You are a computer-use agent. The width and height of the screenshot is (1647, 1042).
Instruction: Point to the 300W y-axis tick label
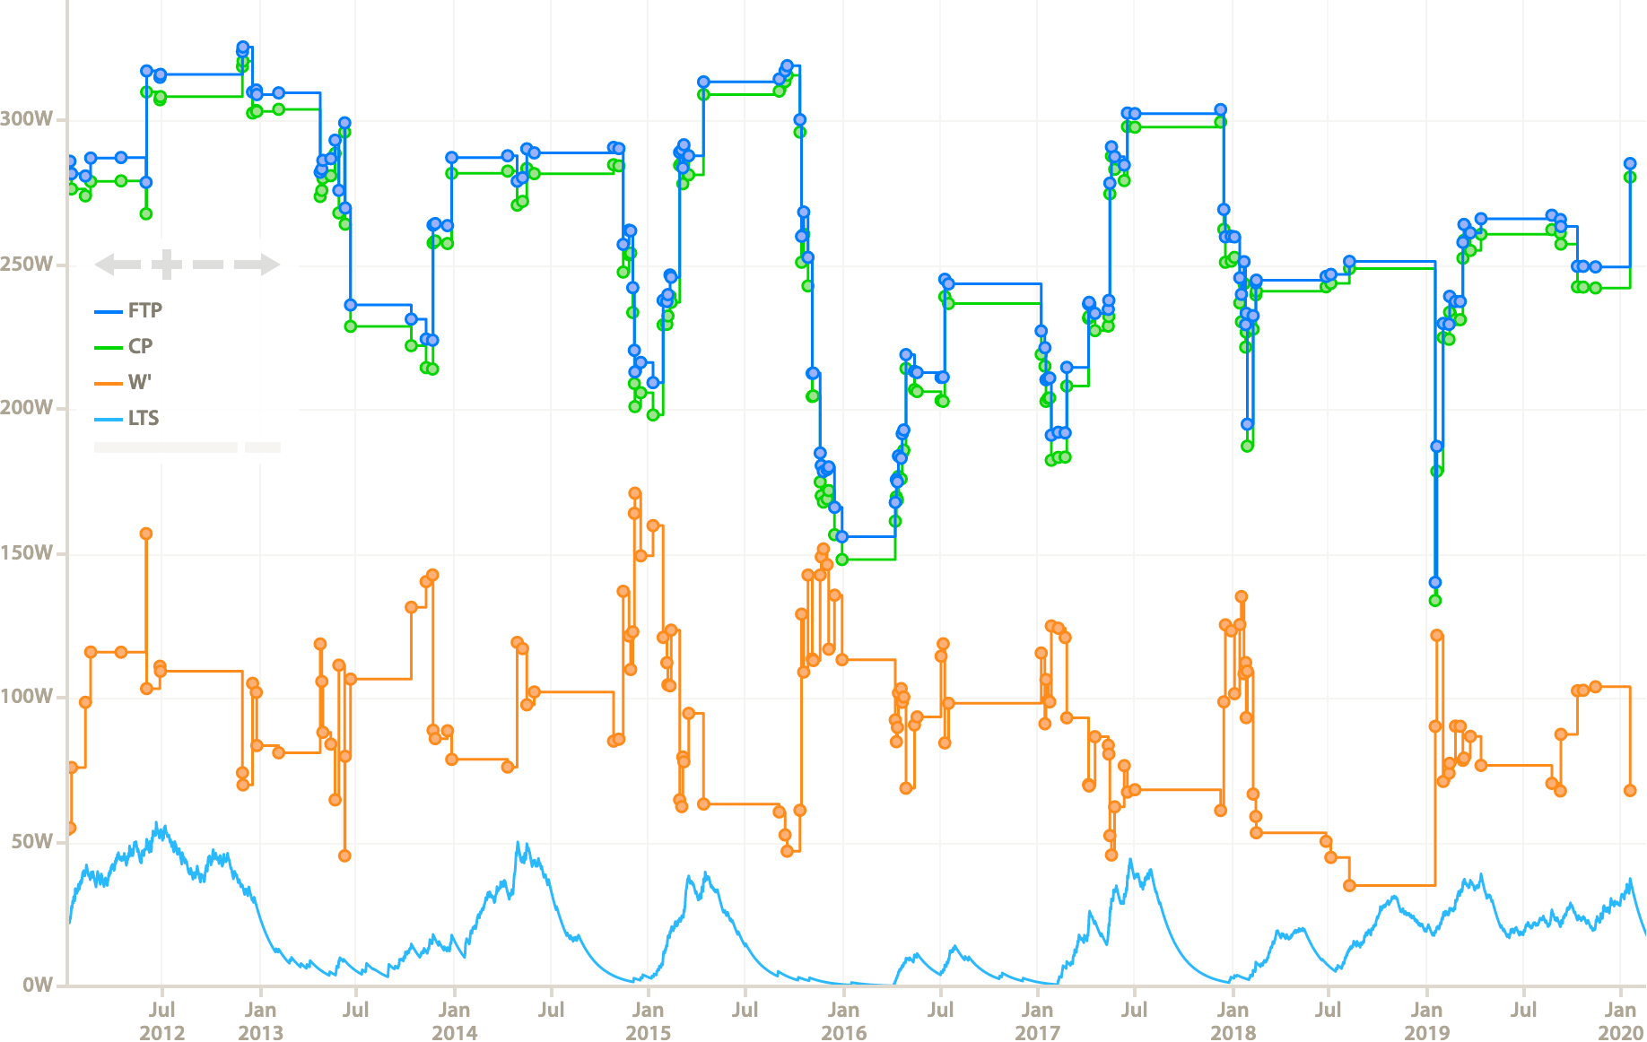(26, 119)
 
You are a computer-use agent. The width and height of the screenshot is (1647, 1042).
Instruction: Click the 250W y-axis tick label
(26, 265)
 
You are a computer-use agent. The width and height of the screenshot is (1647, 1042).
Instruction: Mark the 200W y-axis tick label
(26, 408)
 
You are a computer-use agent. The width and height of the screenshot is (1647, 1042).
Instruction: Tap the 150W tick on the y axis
(26, 553)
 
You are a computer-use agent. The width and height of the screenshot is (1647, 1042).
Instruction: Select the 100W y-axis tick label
(26, 697)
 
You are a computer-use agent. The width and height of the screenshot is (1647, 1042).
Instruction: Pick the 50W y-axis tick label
(30, 842)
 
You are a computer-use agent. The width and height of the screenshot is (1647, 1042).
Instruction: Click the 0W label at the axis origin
(36, 986)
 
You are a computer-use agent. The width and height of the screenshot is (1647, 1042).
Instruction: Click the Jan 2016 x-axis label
(843, 1021)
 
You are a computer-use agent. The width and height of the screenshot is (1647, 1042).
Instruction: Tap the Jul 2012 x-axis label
(162, 1021)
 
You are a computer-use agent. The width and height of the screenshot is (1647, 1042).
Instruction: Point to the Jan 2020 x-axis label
(1620, 1021)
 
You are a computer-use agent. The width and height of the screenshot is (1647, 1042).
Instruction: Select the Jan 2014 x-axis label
(454, 1021)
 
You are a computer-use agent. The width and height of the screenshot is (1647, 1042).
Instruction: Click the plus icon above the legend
(167, 265)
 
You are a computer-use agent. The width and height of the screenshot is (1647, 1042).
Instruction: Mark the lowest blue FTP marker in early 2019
(1434, 583)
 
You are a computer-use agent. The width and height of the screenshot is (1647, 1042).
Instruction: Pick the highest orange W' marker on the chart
(635, 493)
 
